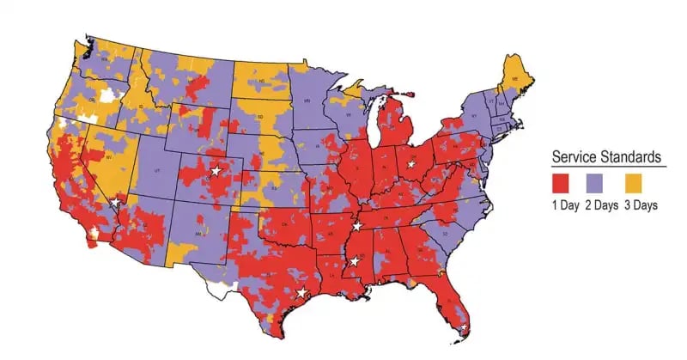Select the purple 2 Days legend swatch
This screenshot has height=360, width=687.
pos(600,181)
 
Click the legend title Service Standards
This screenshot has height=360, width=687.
pos(605,157)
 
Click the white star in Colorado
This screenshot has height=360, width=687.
pos(216,171)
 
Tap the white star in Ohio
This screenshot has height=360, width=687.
pos(410,162)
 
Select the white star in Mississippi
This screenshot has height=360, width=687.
pos(353,260)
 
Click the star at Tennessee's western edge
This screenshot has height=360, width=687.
pos(356,226)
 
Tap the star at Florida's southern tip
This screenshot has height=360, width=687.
pos(464,327)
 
